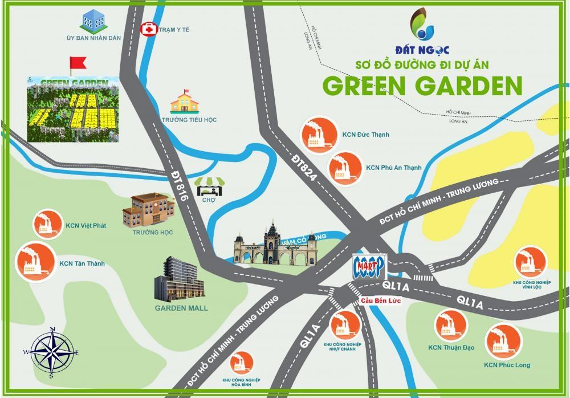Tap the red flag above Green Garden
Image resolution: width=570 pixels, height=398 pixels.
tap(76, 63)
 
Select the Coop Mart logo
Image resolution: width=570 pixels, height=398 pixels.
tap(370, 266)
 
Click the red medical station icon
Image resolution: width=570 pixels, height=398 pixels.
tap(148, 29)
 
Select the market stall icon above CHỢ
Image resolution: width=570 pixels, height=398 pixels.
tap(209, 187)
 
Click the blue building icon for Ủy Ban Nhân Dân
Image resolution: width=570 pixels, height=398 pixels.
tap(93, 21)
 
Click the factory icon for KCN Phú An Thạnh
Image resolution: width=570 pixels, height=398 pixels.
tap(344, 168)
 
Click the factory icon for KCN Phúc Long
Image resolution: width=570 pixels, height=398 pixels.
tap(503, 341)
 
